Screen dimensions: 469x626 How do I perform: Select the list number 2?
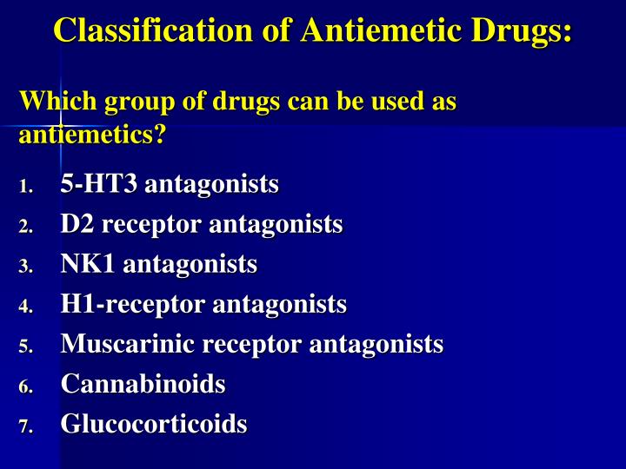pyautogui.click(x=26, y=227)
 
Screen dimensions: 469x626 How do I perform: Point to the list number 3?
pyautogui.click(x=26, y=267)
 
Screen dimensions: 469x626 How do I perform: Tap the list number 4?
pyautogui.click(x=26, y=307)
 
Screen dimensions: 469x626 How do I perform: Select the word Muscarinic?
pyautogui.click(x=128, y=344)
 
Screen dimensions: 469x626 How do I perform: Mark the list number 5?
pyautogui.click(x=26, y=347)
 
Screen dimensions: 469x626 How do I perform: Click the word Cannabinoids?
pyautogui.click(x=143, y=384)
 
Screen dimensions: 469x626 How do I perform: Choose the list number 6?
pyautogui.click(x=26, y=386)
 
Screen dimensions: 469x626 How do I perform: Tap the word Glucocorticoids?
pyautogui.click(x=153, y=424)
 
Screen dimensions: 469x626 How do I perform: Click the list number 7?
pyautogui.click(x=26, y=426)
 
